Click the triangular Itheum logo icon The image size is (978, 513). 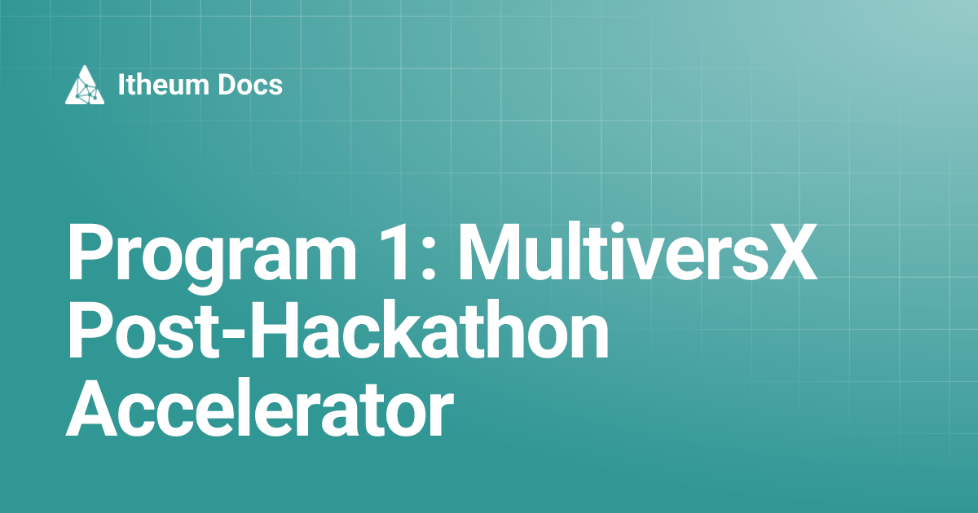point(85,85)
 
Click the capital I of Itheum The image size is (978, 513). point(122,85)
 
